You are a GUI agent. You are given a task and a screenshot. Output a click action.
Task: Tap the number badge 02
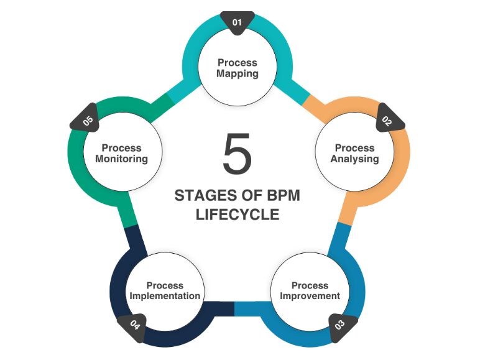(x=387, y=120)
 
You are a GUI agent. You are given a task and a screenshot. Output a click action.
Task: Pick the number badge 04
(x=134, y=325)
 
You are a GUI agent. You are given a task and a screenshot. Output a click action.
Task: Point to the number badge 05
(x=88, y=121)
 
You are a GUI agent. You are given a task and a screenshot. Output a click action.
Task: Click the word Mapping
(x=238, y=73)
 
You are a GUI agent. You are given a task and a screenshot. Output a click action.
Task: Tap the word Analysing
(x=354, y=159)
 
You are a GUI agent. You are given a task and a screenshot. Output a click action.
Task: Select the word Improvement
(x=310, y=296)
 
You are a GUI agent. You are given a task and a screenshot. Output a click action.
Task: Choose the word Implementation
(x=165, y=296)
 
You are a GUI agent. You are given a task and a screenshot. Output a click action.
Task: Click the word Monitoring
(x=122, y=159)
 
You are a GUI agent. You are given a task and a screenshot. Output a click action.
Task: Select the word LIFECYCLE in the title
(x=237, y=215)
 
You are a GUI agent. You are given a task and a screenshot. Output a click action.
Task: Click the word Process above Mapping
(x=238, y=62)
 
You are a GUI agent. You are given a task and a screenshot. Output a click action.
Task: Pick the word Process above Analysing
(x=355, y=148)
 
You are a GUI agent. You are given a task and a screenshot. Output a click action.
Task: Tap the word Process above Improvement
(x=310, y=285)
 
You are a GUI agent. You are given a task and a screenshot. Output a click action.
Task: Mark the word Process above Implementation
(x=165, y=285)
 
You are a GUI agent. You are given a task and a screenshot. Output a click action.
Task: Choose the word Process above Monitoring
(x=122, y=148)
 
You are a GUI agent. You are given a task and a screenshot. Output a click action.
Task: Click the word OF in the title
(x=245, y=195)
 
